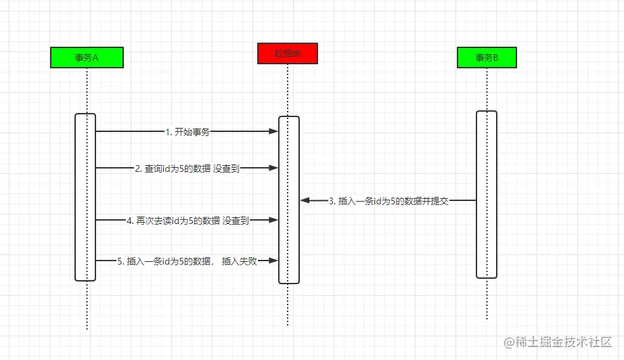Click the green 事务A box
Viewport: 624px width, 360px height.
87,58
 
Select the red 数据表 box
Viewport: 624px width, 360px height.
287,53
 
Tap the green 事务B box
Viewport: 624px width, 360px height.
487,58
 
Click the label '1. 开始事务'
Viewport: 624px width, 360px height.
187,132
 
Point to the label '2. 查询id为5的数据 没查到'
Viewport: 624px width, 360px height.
187,168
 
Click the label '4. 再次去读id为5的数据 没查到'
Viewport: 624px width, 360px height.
188,221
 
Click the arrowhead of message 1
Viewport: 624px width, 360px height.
274,132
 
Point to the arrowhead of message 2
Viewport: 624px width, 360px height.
274,168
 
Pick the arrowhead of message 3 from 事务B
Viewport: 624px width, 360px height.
305,201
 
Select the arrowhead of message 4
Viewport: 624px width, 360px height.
274,220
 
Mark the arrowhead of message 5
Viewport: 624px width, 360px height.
274,260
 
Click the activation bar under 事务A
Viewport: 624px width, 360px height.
85,196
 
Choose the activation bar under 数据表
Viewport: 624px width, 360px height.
289,200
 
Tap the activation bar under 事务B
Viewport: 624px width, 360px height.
487,194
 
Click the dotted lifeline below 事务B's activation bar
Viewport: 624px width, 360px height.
487,298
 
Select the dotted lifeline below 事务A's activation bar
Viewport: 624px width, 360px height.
87,305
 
